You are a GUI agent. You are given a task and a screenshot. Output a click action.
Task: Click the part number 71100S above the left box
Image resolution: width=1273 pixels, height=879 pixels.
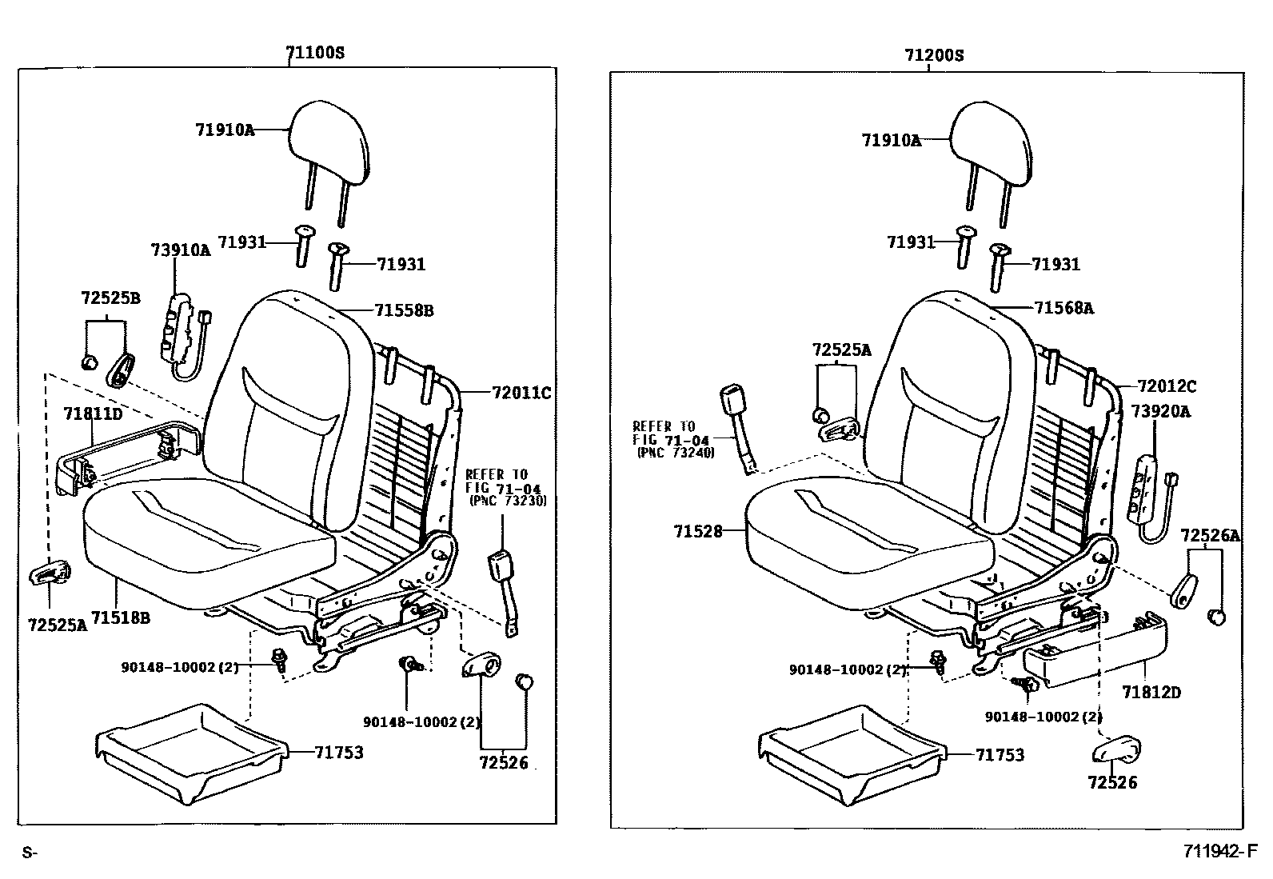315,54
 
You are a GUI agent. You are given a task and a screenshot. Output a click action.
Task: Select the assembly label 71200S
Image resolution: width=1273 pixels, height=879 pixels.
934,55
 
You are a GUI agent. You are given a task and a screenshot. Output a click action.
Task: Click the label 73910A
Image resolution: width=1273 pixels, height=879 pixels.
180,250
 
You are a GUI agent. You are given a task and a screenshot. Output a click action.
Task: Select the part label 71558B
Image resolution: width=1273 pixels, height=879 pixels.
403,310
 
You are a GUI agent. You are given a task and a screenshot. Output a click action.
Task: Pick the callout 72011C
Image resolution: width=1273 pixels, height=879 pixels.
521,393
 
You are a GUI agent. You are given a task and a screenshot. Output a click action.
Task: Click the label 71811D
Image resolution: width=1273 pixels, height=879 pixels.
93,414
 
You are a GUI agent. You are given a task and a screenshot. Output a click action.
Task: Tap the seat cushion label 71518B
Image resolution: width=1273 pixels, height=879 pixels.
121,617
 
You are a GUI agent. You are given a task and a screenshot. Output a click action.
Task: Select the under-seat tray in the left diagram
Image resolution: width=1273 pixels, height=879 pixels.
190,752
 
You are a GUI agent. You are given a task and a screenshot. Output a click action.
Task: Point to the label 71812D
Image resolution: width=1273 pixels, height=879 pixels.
1151,692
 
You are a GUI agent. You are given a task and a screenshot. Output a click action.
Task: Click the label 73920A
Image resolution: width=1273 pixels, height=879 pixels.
1160,411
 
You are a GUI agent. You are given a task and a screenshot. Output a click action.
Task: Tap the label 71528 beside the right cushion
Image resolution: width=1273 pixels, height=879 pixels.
697,531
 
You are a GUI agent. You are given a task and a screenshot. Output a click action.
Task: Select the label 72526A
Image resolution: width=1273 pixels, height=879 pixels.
1210,535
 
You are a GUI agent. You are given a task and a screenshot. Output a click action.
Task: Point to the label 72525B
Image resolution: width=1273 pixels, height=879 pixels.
110,298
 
